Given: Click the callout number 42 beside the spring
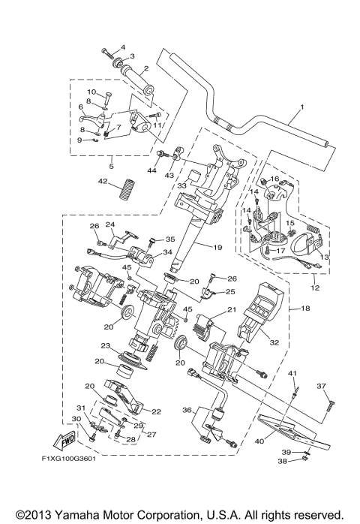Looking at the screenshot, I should pyautogui.click(x=102, y=182).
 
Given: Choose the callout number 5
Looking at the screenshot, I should pyautogui.click(x=111, y=166).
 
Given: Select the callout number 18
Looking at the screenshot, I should pyautogui.click(x=305, y=309).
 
